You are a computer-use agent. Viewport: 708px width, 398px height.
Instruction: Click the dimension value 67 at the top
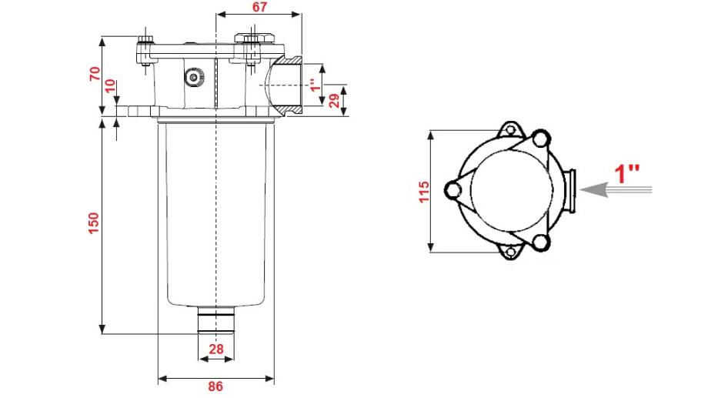pyautogui.click(x=259, y=7)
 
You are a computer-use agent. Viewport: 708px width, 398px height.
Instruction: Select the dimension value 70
pyautogui.click(x=95, y=73)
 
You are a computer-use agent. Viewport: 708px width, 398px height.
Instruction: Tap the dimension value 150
pyautogui.click(x=93, y=223)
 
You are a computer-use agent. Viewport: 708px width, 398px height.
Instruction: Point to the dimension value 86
pyautogui.click(x=215, y=386)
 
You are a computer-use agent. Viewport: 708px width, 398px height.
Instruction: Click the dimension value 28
pyautogui.click(x=216, y=349)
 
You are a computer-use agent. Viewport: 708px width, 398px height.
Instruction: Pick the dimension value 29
pyautogui.click(x=335, y=101)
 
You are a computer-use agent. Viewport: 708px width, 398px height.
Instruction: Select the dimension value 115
pyautogui.click(x=423, y=192)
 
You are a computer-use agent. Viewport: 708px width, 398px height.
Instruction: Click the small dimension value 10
pyautogui.click(x=110, y=86)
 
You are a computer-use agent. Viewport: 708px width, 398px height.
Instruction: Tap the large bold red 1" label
pyautogui.click(x=627, y=173)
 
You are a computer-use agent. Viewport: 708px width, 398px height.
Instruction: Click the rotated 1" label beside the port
pyautogui.click(x=316, y=85)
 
